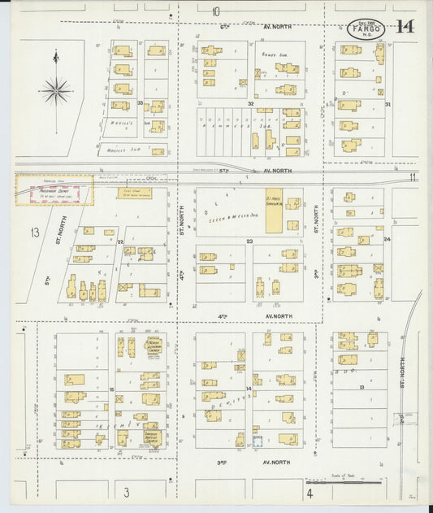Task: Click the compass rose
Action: tap(55, 89)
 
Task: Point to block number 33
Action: tap(140, 103)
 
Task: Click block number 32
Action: tap(251, 104)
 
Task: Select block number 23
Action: tap(250, 241)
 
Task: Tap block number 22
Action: tap(119, 241)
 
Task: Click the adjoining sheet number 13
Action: tap(35, 233)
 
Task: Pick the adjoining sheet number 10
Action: tap(216, 11)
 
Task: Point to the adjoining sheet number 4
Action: tap(310, 492)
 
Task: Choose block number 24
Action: tap(388, 239)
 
